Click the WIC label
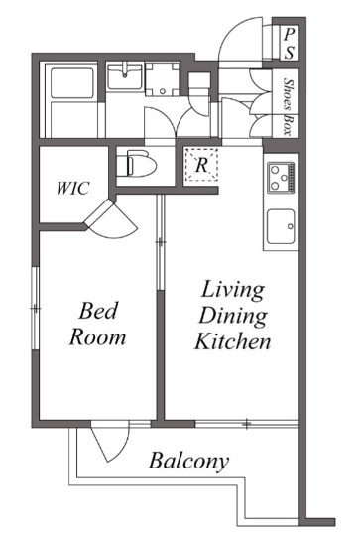point(73,188)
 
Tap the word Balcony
point(188,461)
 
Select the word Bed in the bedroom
point(98,311)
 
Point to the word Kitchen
point(233,341)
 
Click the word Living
point(233,290)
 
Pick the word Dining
point(233,316)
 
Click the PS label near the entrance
point(290,44)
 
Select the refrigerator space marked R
point(201,166)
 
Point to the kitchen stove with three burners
point(281,178)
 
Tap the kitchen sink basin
point(281,226)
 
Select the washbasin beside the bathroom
point(124,76)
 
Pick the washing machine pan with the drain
point(163,79)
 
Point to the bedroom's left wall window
point(35,308)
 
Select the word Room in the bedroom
point(97,337)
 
